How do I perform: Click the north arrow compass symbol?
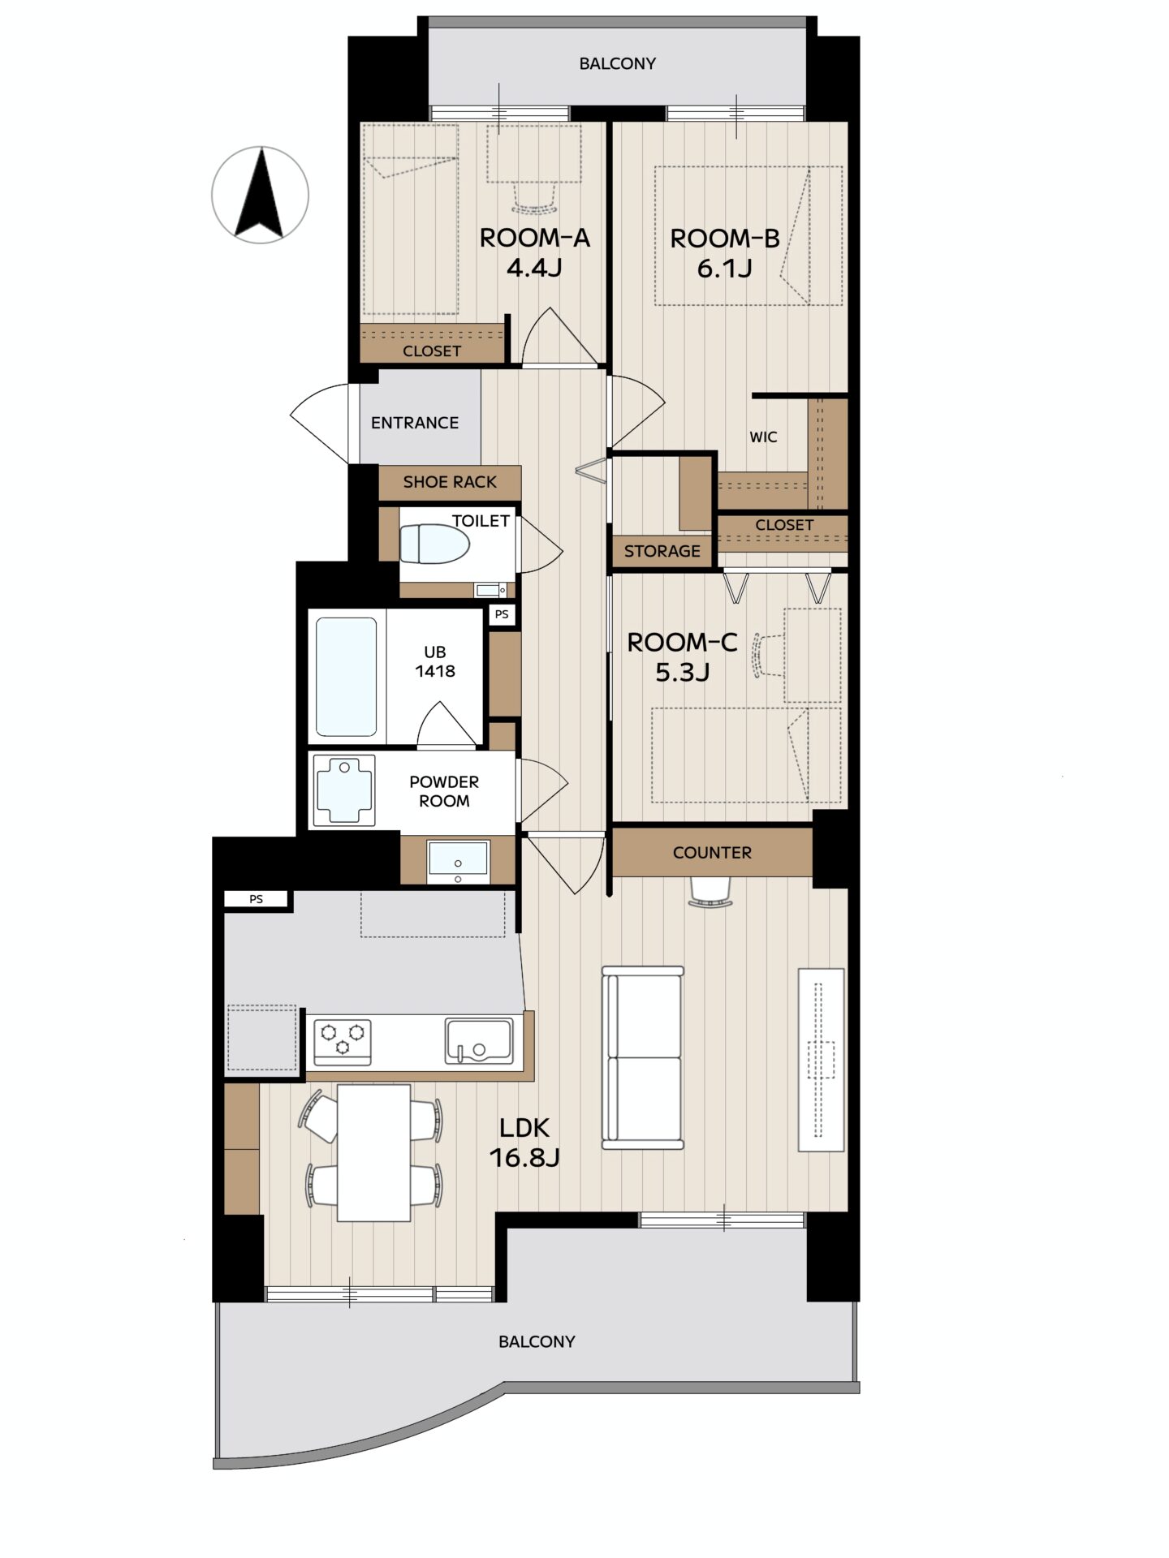(260, 195)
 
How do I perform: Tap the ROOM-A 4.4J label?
(534, 252)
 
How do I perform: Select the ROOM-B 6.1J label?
(724, 252)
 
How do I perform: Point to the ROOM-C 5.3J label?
(682, 656)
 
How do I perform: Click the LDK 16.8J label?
(524, 1142)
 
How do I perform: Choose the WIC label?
(763, 437)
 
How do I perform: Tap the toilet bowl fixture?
(435, 543)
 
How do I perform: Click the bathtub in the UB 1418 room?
(346, 677)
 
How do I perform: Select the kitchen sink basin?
(479, 1041)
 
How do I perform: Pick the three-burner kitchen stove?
(343, 1042)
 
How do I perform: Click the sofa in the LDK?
(643, 1057)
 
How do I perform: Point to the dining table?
(373, 1152)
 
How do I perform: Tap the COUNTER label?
(712, 852)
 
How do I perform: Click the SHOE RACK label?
(450, 482)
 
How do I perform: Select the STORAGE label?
(662, 551)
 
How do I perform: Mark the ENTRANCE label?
(415, 423)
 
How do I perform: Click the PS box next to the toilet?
(502, 614)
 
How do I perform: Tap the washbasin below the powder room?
(459, 862)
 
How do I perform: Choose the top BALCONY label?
(617, 63)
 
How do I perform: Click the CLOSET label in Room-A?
(432, 351)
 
